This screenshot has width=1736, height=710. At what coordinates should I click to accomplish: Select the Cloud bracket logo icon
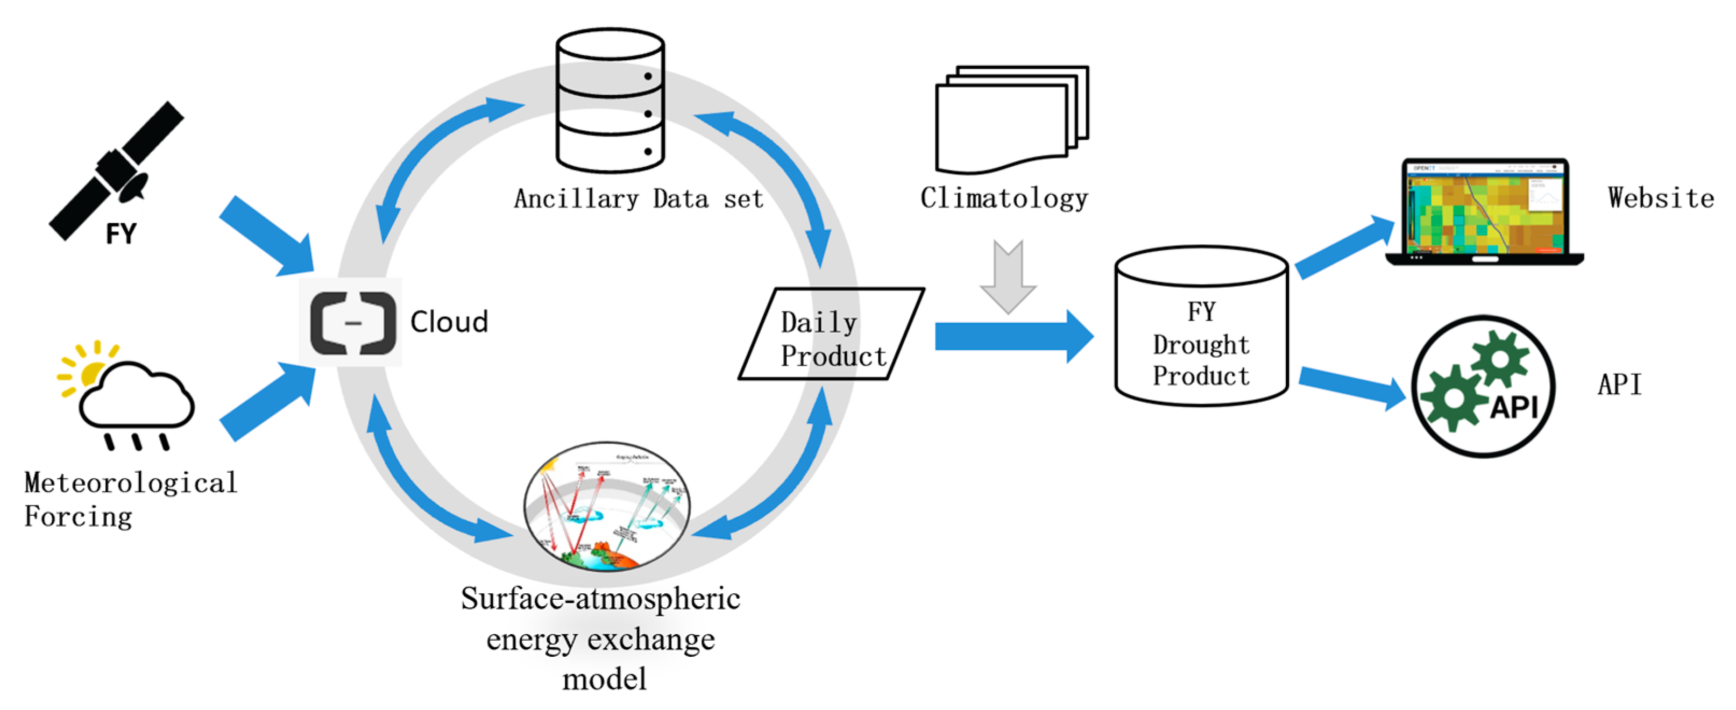(352, 322)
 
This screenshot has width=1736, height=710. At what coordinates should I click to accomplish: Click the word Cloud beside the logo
(449, 322)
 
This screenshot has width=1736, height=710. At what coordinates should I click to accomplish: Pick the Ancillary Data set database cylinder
(610, 101)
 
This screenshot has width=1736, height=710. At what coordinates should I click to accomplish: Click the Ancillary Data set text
(638, 198)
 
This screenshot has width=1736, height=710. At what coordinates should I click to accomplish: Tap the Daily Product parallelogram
(832, 335)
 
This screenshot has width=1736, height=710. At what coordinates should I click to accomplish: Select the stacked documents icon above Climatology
(1010, 118)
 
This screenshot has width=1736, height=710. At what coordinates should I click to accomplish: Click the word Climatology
(1003, 198)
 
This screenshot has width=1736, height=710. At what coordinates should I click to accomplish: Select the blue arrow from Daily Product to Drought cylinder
(1011, 336)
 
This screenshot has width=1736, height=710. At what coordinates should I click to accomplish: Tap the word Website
(1660, 198)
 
